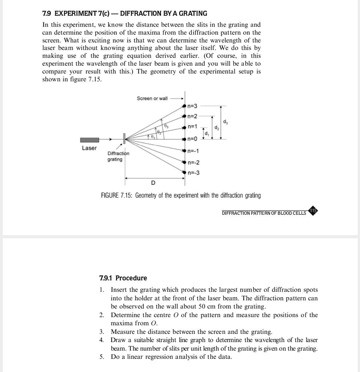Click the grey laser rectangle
pos(90,140)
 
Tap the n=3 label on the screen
pos(193,106)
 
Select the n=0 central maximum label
pos(193,139)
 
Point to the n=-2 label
pos(193,163)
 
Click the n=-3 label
pos(193,173)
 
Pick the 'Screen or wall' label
pos(152,98)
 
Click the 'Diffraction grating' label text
pos(118,156)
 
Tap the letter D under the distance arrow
pos(154,183)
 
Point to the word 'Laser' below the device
pos(89,148)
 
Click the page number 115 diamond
pos(313,211)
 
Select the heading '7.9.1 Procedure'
pos(123,278)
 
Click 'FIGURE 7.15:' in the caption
pos(117,195)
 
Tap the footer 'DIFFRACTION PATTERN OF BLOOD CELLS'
pos(264,213)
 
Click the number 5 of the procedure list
pos(102,357)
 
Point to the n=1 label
pos(193,127)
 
